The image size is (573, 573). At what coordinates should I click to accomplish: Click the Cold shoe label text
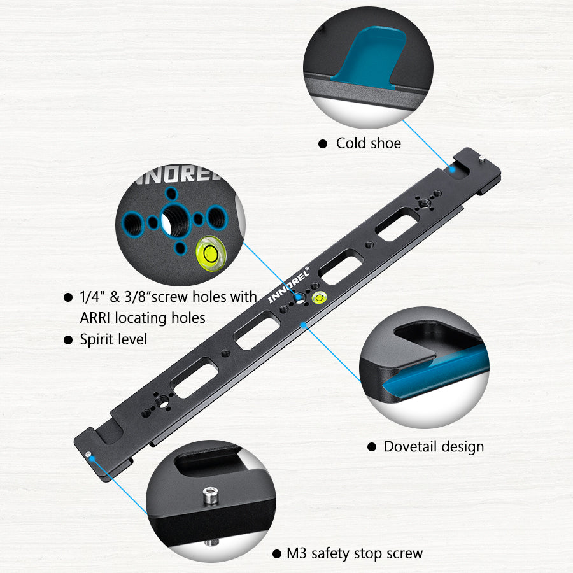coord(369,143)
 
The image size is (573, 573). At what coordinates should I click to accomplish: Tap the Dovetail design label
coord(434,447)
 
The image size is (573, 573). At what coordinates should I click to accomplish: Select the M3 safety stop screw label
coord(355,553)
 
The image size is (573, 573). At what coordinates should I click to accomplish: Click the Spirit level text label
coord(113,339)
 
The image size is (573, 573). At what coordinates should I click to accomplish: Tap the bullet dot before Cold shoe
coord(323,145)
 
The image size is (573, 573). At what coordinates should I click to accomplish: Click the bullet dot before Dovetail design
coord(372,448)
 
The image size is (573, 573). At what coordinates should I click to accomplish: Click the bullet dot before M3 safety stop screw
coord(277,555)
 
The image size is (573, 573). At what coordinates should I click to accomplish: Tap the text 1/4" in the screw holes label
coord(92,297)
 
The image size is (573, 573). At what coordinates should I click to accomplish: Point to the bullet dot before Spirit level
coord(68,341)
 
